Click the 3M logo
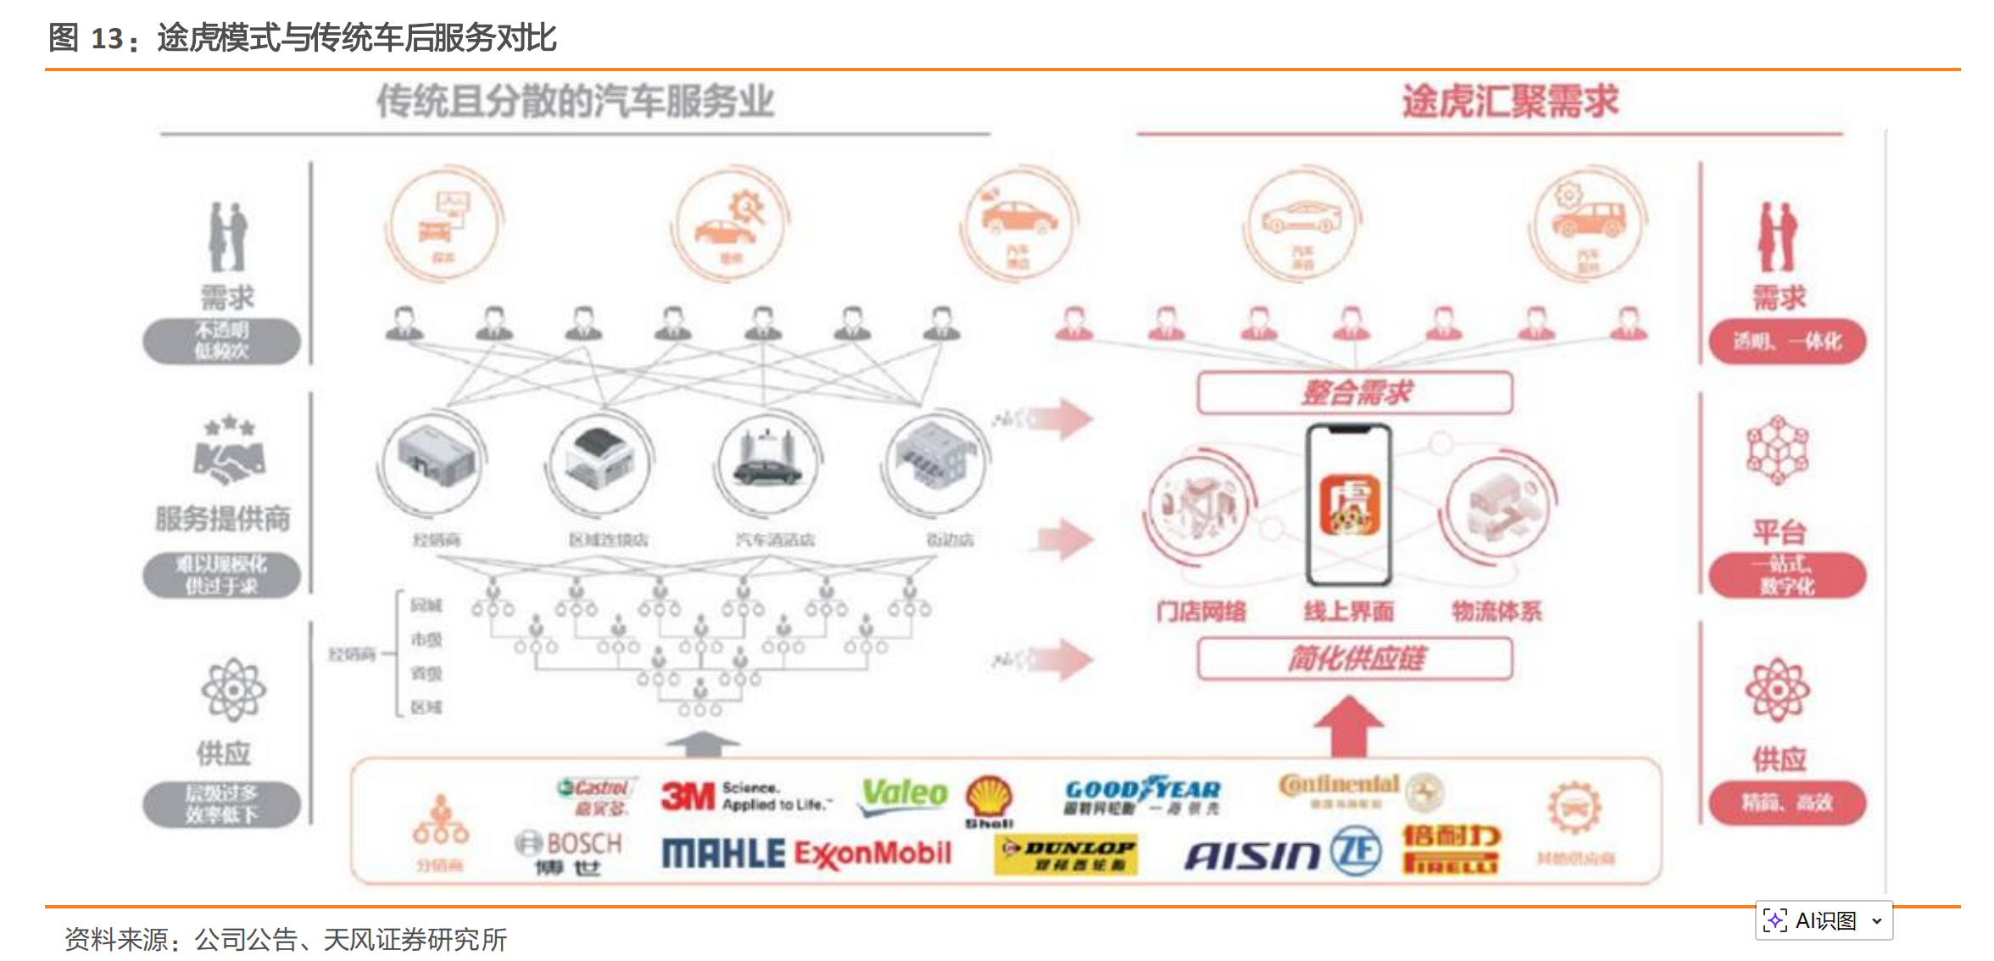coord(688,797)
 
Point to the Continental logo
coord(1340,786)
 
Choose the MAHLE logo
coord(723,853)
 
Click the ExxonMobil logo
coord(873,854)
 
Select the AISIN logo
coord(1252,856)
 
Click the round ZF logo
coord(1356,852)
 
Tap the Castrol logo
coord(596,789)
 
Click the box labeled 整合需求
coord(1355,392)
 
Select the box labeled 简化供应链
coord(1355,658)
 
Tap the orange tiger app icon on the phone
coord(1350,506)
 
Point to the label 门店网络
coord(1201,611)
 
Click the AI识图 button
coord(1824,920)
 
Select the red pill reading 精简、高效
coord(1787,803)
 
